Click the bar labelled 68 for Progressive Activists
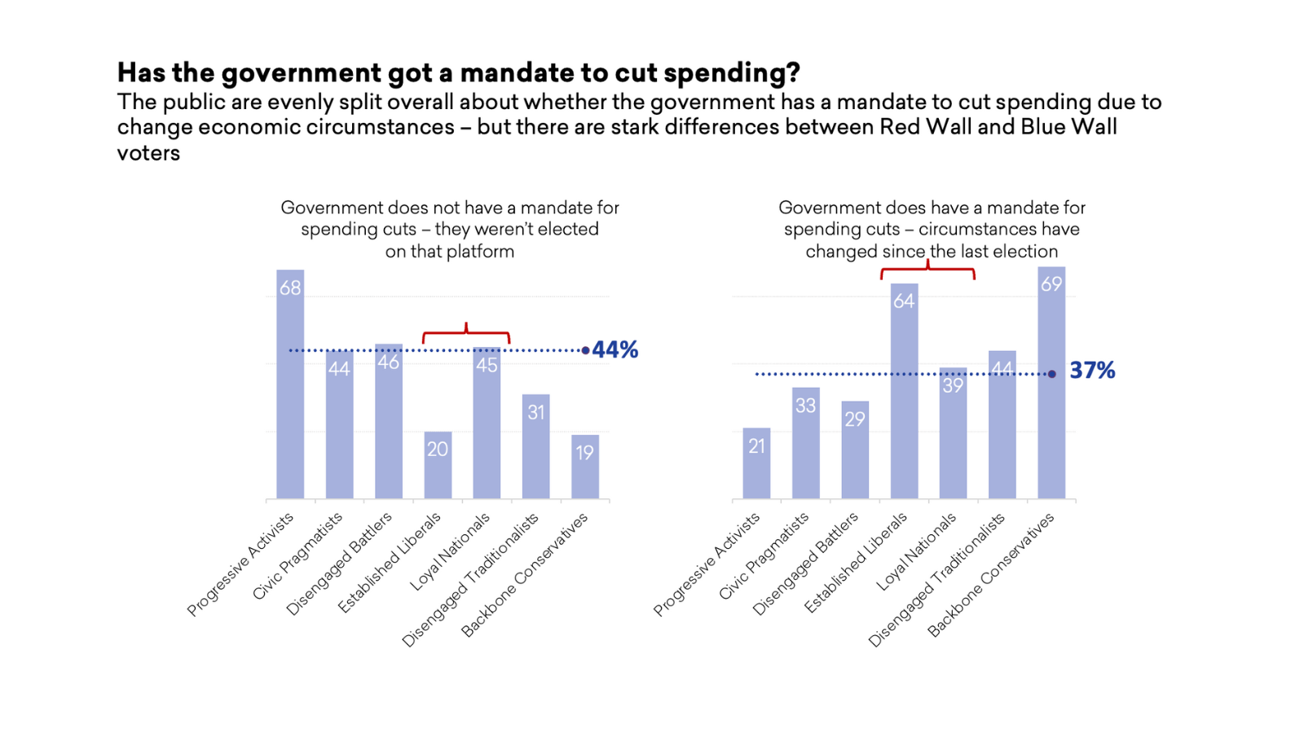coord(290,383)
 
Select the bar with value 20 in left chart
coord(438,465)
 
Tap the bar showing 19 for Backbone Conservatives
coord(585,467)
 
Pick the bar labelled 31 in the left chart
coord(535,446)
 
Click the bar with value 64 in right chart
coord(904,391)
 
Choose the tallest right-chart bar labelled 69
coord(1051,383)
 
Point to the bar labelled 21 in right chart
coord(756,463)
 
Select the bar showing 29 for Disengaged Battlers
coord(855,450)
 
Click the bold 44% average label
coord(615,349)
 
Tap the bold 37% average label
coord(1092,371)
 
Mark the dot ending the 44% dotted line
coord(585,350)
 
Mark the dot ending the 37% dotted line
coord(1052,374)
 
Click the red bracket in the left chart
coord(466,333)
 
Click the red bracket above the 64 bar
coord(927,270)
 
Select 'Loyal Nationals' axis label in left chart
coord(451,551)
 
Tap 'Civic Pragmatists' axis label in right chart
coord(764,556)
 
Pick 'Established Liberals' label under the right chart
coord(856,562)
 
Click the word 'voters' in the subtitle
coord(148,153)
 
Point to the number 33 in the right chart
coord(805,406)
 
